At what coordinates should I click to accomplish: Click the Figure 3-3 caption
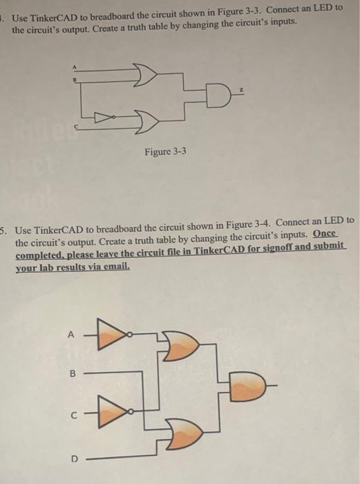tap(165, 151)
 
